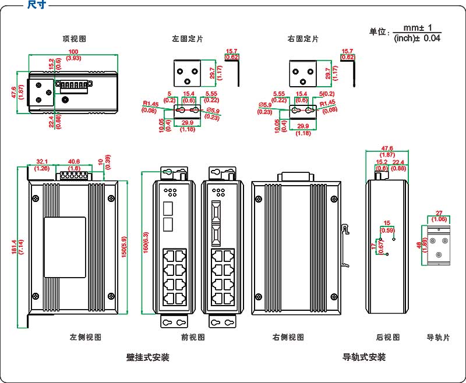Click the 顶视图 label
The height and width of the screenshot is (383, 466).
pos(75,39)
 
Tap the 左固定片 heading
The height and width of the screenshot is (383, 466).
pos(188,39)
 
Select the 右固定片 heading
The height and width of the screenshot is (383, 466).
pos(303,39)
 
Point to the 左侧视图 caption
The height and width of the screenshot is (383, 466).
pos(86,337)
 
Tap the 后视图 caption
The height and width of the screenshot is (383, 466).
pos(388,337)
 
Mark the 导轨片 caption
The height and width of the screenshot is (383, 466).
pos(438,337)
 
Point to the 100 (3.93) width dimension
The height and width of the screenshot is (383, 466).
pos(74,55)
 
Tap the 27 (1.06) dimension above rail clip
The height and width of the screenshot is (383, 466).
pos(440,216)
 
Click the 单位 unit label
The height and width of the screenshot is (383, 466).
pos(379,33)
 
